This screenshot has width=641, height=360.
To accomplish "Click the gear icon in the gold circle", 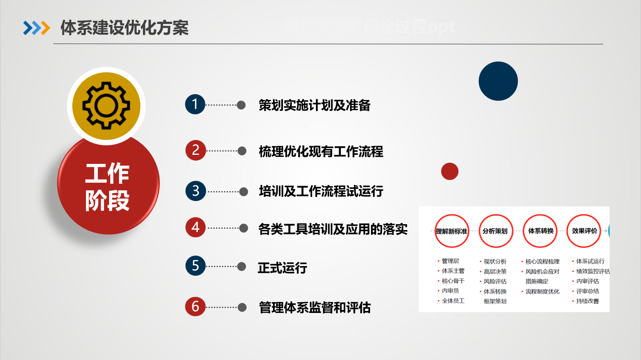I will click(x=106, y=106).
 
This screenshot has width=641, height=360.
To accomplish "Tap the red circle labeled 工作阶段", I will click(x=108, y=186).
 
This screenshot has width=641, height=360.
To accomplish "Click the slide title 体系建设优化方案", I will click(x=124, y=28).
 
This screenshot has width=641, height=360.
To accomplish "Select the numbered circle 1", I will click(x=195, y=104).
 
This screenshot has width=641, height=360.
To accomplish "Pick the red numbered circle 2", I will click(x=195, y=150).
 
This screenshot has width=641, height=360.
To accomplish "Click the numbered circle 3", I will click(x=196, y=191).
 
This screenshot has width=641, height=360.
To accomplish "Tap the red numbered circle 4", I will click(x=196, y=227).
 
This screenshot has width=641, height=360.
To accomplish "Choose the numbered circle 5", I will click(x=195, y=265).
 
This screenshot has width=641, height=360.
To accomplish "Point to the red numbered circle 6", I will click(x=195, y=306).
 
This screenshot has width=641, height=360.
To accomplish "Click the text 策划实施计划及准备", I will click(x=314, y=105).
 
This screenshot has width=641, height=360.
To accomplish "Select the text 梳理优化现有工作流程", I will click(x=321, y=152).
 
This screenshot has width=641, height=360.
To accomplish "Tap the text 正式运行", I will click(x=283, y=268).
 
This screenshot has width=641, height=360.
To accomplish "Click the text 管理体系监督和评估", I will click(x=315, y=308).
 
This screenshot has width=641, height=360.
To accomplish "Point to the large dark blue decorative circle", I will click(x=498, y=81).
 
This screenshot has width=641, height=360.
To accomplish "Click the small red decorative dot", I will click(x=450, y=171).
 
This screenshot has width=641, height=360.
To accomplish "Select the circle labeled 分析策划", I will click(x=496, y=231).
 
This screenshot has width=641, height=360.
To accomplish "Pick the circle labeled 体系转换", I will click(x=540, y=231).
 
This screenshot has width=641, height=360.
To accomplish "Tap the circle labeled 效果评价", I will click(x=584, y=231).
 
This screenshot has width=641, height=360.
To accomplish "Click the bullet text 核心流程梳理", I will click(x=542, y=261).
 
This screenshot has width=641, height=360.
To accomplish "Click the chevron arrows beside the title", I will click(x=36, y=28).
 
